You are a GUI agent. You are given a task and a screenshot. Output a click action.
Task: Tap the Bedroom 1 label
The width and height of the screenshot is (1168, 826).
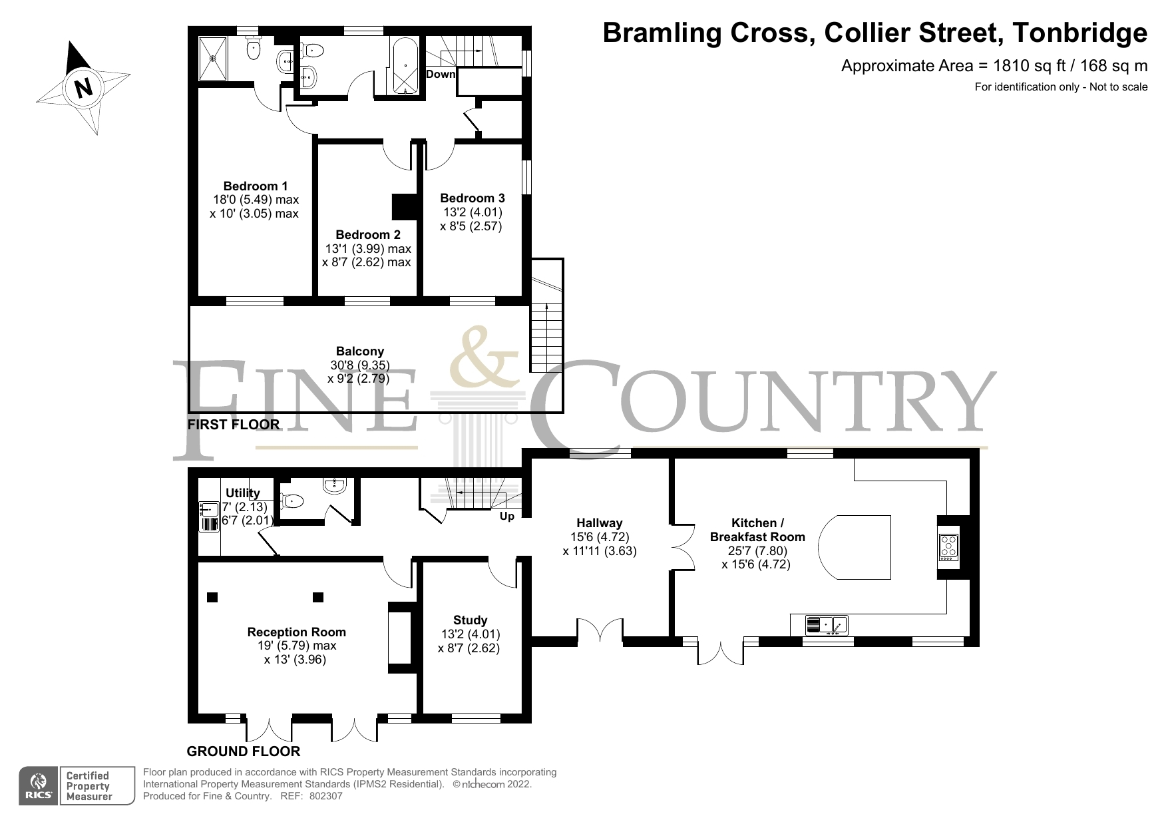pos(256,186)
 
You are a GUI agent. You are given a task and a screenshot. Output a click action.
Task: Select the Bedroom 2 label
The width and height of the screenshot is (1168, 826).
pos(367,234)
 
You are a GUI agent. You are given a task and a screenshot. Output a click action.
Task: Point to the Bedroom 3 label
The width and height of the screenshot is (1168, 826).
pos(472,198)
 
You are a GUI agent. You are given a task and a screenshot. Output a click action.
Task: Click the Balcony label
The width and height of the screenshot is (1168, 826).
pos(359,351)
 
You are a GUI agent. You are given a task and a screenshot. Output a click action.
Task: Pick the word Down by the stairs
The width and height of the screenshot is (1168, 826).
pos(440,74)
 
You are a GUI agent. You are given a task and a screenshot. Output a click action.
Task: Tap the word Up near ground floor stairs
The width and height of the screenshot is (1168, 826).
pos(506,516)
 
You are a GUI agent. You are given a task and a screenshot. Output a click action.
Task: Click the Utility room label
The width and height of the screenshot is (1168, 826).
pos(242,493)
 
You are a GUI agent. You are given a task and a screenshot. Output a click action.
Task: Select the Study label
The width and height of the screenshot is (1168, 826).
pos(470,620)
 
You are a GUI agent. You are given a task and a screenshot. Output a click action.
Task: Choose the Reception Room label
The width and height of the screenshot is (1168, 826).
pos(296,632)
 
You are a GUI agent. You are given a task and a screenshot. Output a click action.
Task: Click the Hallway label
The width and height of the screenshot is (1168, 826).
pos(599,522)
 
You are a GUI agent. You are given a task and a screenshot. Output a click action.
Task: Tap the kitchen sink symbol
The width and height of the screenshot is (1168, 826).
pos(826,625)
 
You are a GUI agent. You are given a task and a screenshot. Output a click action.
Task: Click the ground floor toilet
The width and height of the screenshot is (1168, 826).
pos(292,500)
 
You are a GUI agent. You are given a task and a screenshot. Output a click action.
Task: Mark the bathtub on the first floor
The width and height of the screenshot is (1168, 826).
pos(405,67)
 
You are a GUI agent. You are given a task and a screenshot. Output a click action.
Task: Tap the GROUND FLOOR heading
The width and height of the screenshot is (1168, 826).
pos(243,751)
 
